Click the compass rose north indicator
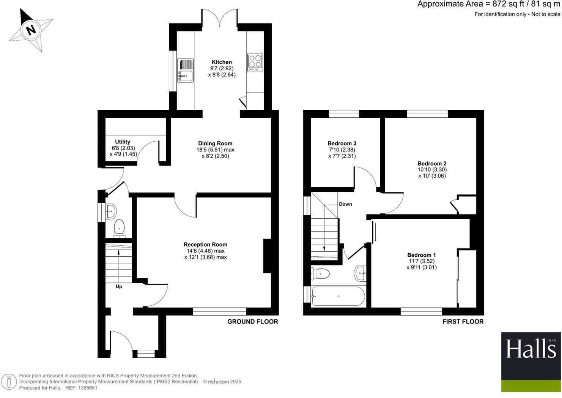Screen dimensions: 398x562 31,29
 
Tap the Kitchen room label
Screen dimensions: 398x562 222,62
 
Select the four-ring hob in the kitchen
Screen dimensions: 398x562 255,62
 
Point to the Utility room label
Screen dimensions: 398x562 123,142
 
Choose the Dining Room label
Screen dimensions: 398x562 215,144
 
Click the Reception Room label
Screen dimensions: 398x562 205,245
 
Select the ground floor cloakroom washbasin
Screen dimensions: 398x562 111,211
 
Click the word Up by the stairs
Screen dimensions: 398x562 119,287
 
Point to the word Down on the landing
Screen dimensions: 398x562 345,204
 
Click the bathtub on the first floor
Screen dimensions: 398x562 338,296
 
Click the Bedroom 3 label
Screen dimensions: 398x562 342,144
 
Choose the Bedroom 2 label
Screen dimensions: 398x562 432,164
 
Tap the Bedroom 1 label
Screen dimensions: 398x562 421,255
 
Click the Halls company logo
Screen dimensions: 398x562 531,362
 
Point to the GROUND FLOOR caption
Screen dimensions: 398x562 252,322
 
